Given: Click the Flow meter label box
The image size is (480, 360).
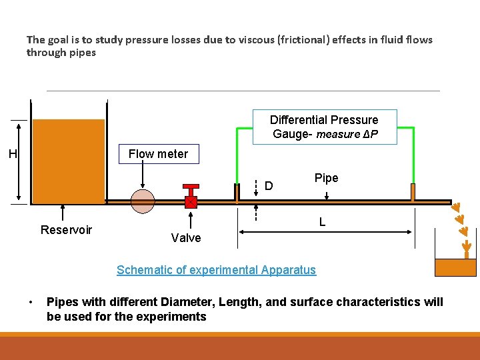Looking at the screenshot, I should [x=158, y=154].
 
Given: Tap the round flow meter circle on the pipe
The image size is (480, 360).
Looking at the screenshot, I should [x=143, y=201].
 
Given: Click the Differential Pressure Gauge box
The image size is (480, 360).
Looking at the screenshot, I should [x=325, y=127].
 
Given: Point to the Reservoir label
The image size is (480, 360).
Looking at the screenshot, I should [x=66, y=230].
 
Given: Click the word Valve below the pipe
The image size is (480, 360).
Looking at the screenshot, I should [x=185, y=238].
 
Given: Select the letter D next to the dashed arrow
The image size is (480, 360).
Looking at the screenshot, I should [x=269, y=185].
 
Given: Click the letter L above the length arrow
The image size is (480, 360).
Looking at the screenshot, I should [x=322, y=221].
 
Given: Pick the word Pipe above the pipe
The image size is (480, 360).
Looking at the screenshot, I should [x=326, y=178].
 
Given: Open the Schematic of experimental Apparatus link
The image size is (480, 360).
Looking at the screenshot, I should [x=216, y=270].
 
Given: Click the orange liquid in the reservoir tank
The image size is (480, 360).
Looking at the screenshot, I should [x=69, y=160].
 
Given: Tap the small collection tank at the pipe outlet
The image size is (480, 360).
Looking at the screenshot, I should [x=455, y=267].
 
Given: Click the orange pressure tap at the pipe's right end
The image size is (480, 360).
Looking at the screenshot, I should [x=413, y=192].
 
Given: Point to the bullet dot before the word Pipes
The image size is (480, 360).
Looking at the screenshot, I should [x=31, y=303].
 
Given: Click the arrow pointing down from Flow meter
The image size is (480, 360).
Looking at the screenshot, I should [x=143, y=176].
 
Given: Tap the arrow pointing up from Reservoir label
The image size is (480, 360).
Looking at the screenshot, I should [x=63, y=212].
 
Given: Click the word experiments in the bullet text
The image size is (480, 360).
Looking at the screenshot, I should [x=175, y=317].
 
